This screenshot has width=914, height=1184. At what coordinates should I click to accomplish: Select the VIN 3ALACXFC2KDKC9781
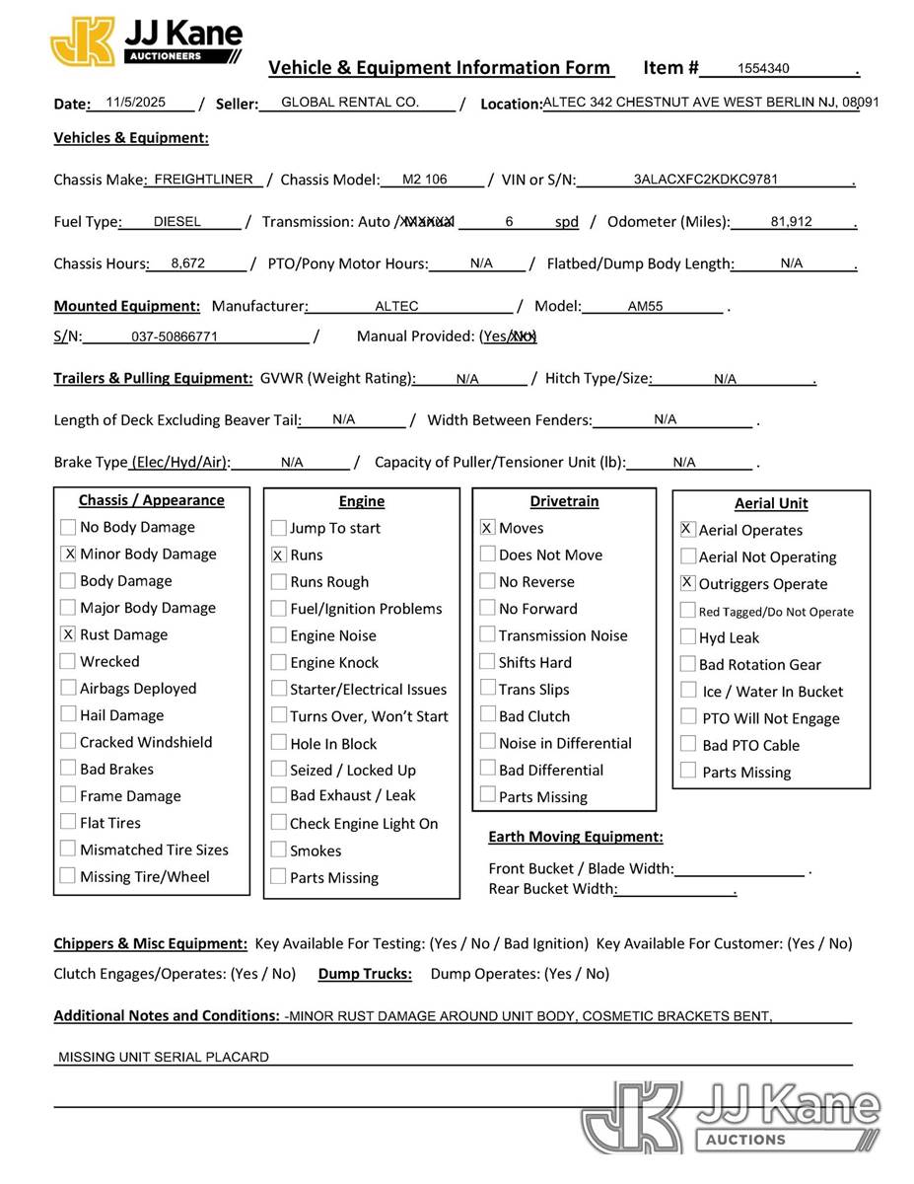point(705,180)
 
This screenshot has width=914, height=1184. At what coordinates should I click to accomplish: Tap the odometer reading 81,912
point(791,222)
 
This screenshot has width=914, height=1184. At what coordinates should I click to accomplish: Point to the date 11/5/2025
point(136,102)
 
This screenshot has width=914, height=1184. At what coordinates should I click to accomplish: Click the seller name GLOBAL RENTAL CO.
point(350,102)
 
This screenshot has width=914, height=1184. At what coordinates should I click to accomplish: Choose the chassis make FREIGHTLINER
point(204,180)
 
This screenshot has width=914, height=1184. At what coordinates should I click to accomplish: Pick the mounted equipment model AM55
point(645,306)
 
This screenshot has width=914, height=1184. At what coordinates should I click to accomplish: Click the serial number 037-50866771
point(175,336)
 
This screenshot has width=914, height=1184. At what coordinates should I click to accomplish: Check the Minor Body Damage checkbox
point(68,554)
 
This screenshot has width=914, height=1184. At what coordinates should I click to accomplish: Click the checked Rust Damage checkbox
point(68,634)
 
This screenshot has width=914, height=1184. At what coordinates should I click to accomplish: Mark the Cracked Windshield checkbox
point(68,741)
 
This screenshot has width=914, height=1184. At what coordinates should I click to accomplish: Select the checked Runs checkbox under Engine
point(278,555)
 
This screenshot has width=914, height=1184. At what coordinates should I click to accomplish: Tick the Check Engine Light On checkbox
point(278,823)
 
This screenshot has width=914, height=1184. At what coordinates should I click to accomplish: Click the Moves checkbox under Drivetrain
point(487,528)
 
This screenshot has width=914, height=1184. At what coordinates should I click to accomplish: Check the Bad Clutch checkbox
point(487,715)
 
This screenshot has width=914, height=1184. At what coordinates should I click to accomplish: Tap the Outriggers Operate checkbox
point(687,583)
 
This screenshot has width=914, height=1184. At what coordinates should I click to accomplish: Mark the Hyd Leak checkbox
point(687,637)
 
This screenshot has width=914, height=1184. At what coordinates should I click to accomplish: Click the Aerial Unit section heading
point(770,503)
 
